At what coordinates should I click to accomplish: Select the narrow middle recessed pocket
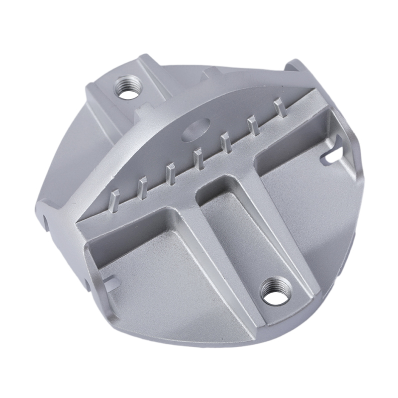pyautogui.click(x=226, y=224)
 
